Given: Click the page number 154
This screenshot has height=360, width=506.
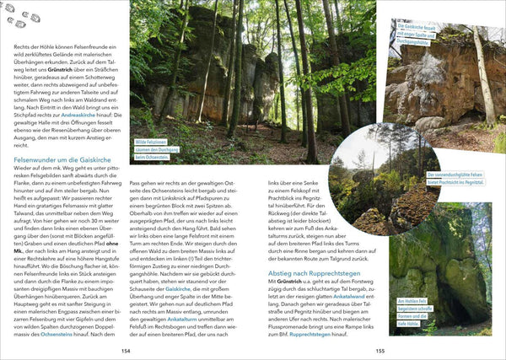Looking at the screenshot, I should coord(126,351).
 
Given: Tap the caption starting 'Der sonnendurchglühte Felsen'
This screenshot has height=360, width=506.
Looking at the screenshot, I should coord(460,178).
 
